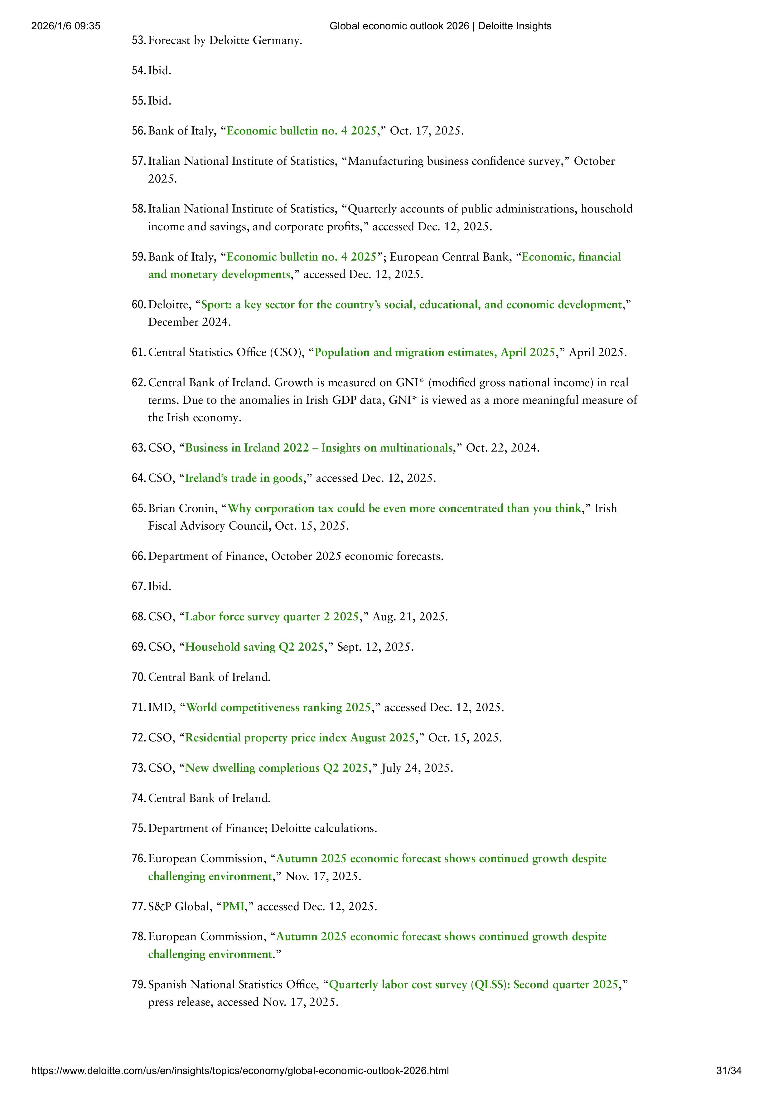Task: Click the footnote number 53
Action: click(138, 41)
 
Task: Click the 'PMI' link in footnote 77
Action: click(233, 906)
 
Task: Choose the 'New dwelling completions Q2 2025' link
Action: click(276, 768)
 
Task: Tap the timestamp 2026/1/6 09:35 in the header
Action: click(66, 26)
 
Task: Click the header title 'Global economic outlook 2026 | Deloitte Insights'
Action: click(440, 26)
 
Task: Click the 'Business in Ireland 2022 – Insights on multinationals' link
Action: click(319, 448)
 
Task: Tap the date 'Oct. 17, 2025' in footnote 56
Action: click(426, 131)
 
